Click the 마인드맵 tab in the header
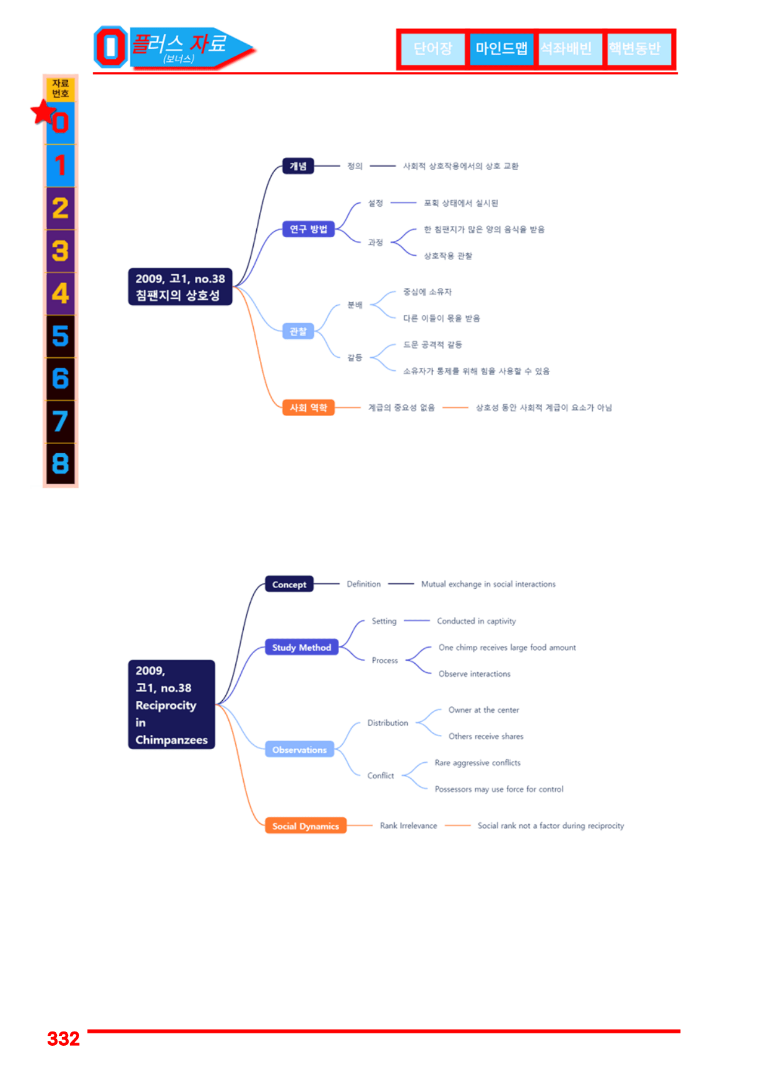501,48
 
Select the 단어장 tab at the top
433,48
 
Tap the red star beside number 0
44,112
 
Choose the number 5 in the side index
60,336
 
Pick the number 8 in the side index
60,463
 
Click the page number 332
63,1038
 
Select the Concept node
289,584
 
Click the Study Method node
301,648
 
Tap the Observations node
300,750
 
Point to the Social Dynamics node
306,826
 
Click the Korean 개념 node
298,166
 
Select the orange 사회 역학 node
308,407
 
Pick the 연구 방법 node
308,229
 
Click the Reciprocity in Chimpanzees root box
171,705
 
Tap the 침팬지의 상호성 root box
180,287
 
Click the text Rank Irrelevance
408,826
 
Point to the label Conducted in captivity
477,621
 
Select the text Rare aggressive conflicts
478,763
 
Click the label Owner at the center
484,710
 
